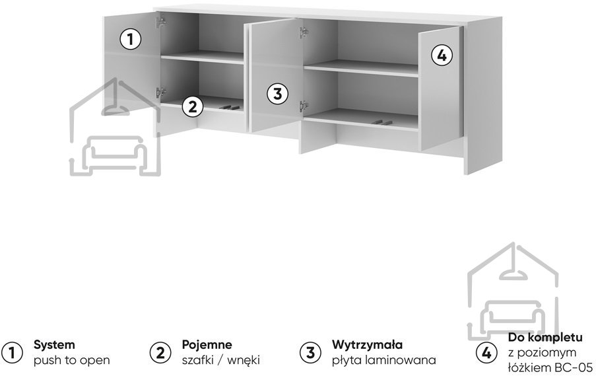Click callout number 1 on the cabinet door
(x=131, y=39)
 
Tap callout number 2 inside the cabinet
(x=193, y=106)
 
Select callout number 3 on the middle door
(x=277, y=94)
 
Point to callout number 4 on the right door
(x=442, y=56)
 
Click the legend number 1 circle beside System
(x=12, y=353)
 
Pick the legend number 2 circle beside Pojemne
(x=160, y=353)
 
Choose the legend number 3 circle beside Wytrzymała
(x=311, y=353)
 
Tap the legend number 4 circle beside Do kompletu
(x=486, y=353)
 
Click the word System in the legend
(x=54, y=345)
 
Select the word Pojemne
(x=207, y=345)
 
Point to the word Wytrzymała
(x=367, y=345)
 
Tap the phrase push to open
(x=71, y=360)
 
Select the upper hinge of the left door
(x=161, y=22)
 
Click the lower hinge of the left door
(x=161, y=93)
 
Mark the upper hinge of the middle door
(x=304, y=33)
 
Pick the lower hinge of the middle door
(x=304, y=106)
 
